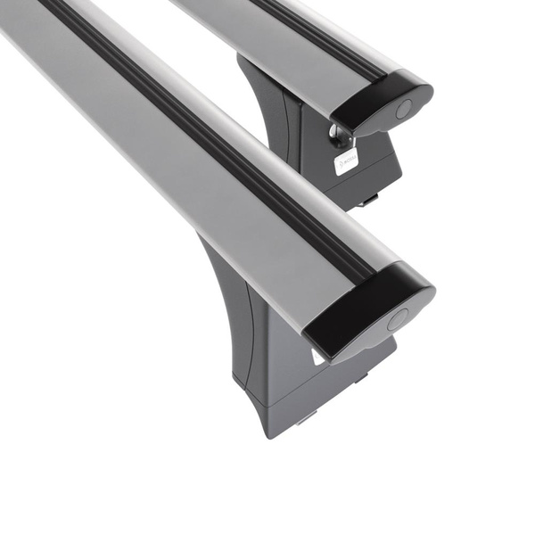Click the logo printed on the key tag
(346, 163)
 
